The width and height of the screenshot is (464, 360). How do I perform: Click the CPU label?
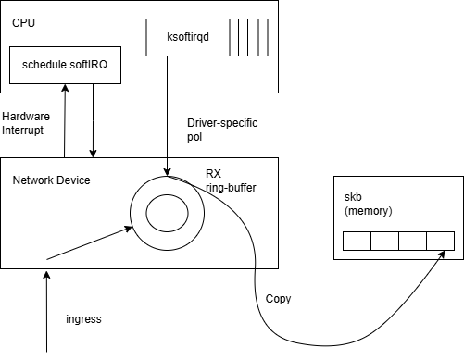(24, 19)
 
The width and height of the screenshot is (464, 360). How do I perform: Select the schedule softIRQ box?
(65, 68)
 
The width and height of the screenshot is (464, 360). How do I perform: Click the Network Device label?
(52, 180)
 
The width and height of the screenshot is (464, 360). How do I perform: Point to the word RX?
(213, 174)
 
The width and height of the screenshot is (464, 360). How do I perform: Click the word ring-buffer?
(231, 187)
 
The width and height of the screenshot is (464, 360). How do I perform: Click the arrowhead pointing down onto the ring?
(167, 172)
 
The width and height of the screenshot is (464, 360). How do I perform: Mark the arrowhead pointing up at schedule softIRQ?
(65, 88)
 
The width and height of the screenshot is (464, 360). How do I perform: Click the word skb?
(353, 197)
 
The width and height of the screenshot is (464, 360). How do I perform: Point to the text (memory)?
(368, 211)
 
